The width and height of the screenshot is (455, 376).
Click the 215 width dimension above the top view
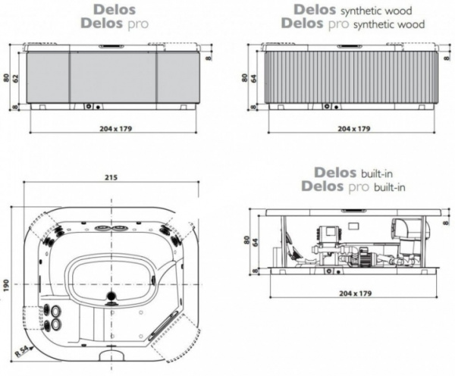(111, 179)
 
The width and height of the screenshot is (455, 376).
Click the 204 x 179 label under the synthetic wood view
(353, 129)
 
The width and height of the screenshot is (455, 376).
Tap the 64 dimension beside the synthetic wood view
(256, 77)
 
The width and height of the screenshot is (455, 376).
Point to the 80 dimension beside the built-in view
(246, 240)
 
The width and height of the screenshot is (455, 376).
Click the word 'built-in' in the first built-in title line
(366, 174)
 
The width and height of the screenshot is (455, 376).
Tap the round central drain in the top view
(111, 295)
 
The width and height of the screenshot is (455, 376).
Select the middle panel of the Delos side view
(113, 77)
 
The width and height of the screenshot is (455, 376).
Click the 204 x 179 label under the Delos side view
(115, 129)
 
